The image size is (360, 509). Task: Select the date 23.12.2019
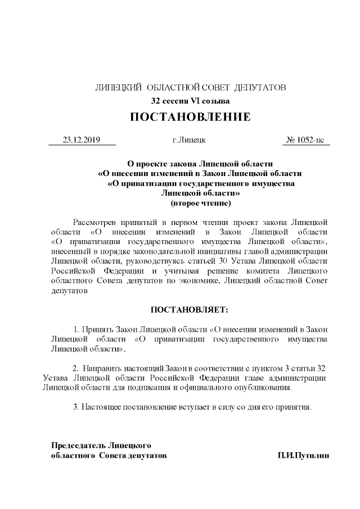(x=81, y=139)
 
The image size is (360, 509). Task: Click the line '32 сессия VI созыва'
(x=190, y=101)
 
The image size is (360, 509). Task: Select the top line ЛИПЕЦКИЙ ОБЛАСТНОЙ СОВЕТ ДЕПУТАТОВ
(x=190, y=88)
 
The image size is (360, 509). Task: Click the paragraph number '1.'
(x=77, y=329)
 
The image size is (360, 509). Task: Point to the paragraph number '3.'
(x=76, y=406)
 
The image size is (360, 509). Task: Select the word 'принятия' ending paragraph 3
(x=295, y=406)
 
